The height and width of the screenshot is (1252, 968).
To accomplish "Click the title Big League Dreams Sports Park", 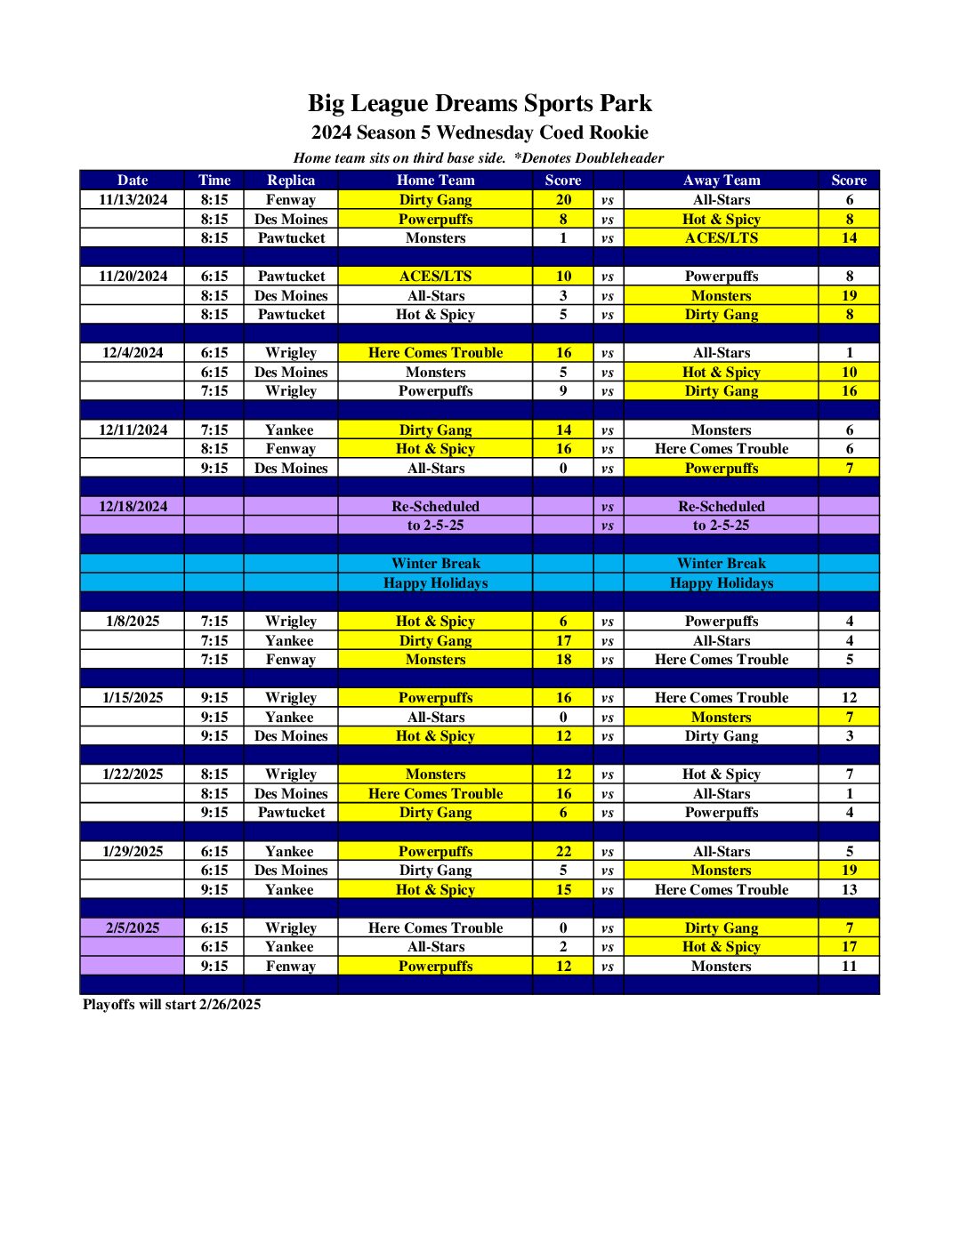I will point(480,103).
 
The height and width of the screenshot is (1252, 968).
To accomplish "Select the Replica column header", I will point(291,180).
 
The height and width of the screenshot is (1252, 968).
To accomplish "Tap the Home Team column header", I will point(435,180).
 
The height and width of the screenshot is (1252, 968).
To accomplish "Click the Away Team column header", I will point(721,180).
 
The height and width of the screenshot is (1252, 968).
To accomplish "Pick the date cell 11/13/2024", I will point(133,199).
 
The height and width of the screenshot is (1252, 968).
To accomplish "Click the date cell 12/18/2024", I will point(133,506).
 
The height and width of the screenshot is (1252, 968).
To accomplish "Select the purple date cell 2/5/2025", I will point(133,927).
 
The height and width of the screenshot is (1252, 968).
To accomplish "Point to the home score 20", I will point(563,199).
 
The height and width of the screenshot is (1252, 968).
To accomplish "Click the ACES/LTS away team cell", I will point(721,237).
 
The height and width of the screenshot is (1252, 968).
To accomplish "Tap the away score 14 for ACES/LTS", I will point(849,237).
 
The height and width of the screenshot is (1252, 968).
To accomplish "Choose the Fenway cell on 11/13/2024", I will point(291,199).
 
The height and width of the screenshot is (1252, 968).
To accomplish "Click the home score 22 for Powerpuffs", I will point(563,851).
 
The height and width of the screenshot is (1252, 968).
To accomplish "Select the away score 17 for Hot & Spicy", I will point(849,946).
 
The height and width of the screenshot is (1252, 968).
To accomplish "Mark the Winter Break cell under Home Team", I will point(435,563).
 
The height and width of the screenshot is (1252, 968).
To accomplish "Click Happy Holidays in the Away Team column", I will point(721,582).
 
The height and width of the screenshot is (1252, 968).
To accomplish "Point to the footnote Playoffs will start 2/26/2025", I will point(172,1004).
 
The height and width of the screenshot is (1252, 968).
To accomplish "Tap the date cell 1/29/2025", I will point(133,851).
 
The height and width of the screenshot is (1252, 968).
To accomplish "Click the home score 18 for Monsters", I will point(563,659).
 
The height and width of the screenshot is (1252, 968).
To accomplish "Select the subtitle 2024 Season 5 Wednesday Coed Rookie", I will point(480,132).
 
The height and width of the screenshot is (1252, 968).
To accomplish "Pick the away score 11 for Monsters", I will point(849,966).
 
